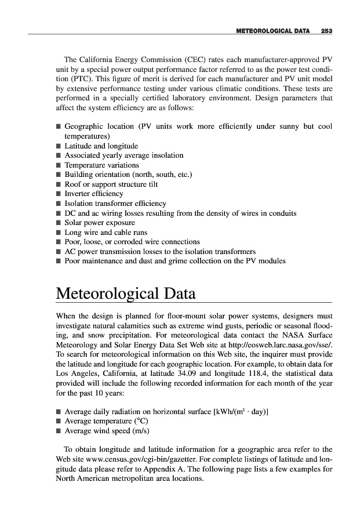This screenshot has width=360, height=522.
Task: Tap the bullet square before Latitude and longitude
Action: [59, 146]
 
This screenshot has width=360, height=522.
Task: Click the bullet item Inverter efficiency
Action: [94, 193]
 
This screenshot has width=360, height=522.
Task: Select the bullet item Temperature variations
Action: [102, 165]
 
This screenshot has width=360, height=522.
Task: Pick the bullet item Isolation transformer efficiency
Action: [115, 203]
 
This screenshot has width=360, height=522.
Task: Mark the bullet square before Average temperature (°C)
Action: [59, 422]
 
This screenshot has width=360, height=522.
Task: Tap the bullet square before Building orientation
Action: [59, 175]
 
